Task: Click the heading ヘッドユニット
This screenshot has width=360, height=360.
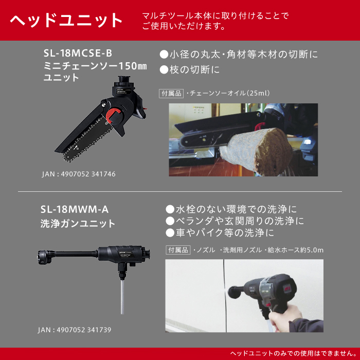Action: pos(66,20)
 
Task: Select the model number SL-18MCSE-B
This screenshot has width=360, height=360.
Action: pos(78,53)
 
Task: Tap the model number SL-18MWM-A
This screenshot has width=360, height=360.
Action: pos(75,209)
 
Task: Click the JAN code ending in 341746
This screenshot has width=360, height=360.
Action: pos(79,174)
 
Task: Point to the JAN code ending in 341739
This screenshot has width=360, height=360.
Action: pos(75,330)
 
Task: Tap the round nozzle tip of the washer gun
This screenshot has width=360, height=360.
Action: pos(43,257)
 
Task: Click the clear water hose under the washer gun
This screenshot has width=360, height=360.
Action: pos(122,297)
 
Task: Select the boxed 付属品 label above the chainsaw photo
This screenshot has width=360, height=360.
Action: pos(171,94)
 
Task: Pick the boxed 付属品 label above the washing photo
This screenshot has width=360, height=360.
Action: pos(178,250)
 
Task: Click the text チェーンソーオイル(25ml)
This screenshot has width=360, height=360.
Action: pos(229,93)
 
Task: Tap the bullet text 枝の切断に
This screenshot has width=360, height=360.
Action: pos(190,69)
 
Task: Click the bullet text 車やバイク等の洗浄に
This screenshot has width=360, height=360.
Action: pos(220,233)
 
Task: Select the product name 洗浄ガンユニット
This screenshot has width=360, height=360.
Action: pos(78,223)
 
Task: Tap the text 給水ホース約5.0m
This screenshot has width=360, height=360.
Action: pos(295,250)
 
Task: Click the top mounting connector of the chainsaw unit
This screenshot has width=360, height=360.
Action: pos(124,80)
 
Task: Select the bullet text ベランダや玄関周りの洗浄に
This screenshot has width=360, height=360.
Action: pos(235,221)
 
